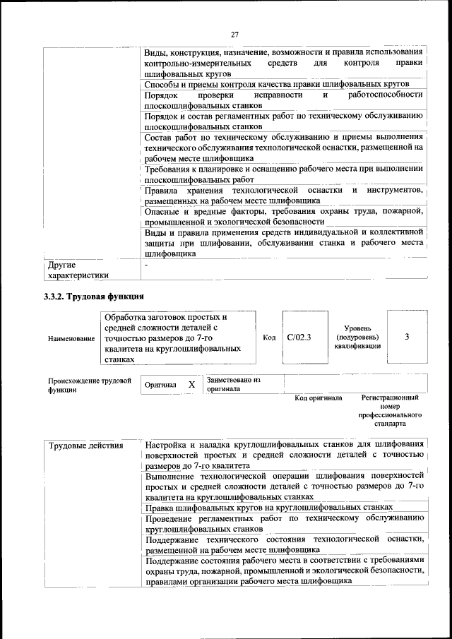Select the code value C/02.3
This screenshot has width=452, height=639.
[x=299, y=338]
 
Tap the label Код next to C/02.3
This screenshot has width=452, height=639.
[x=269, y=338]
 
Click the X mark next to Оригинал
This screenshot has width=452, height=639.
[x=191, y=384]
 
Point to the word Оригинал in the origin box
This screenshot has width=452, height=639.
[x=160, y=385]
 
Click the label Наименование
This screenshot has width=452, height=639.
[x=71, y=339]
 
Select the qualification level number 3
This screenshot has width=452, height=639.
[x=407, y=338]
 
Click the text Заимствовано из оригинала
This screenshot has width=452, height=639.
[x=234, y=384]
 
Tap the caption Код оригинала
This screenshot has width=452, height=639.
[x=319, y=398]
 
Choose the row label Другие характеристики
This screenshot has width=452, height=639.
[x=78, y=270]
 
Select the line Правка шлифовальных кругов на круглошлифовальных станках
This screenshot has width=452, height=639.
[x=268, y=508]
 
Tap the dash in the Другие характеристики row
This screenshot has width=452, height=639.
[x=145, y=265]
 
